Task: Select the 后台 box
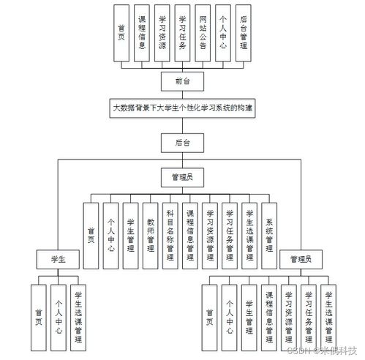[x=181, y=143]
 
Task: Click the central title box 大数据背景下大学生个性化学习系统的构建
[x=182, y=108]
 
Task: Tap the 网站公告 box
[x=203, y=32]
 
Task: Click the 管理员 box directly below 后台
[x=181, y=177]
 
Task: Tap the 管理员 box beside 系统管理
[x=301, y=259]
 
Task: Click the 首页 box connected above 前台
[x=121, y=32]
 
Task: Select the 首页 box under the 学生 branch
[x=39, y=319]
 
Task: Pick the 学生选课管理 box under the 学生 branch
[x=78, y=319]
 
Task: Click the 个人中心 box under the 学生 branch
[x=58, y=319]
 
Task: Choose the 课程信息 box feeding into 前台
[x=142, y=32]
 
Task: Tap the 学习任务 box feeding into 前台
[x=182, y=32]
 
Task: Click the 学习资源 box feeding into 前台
[x=162, y=32]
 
